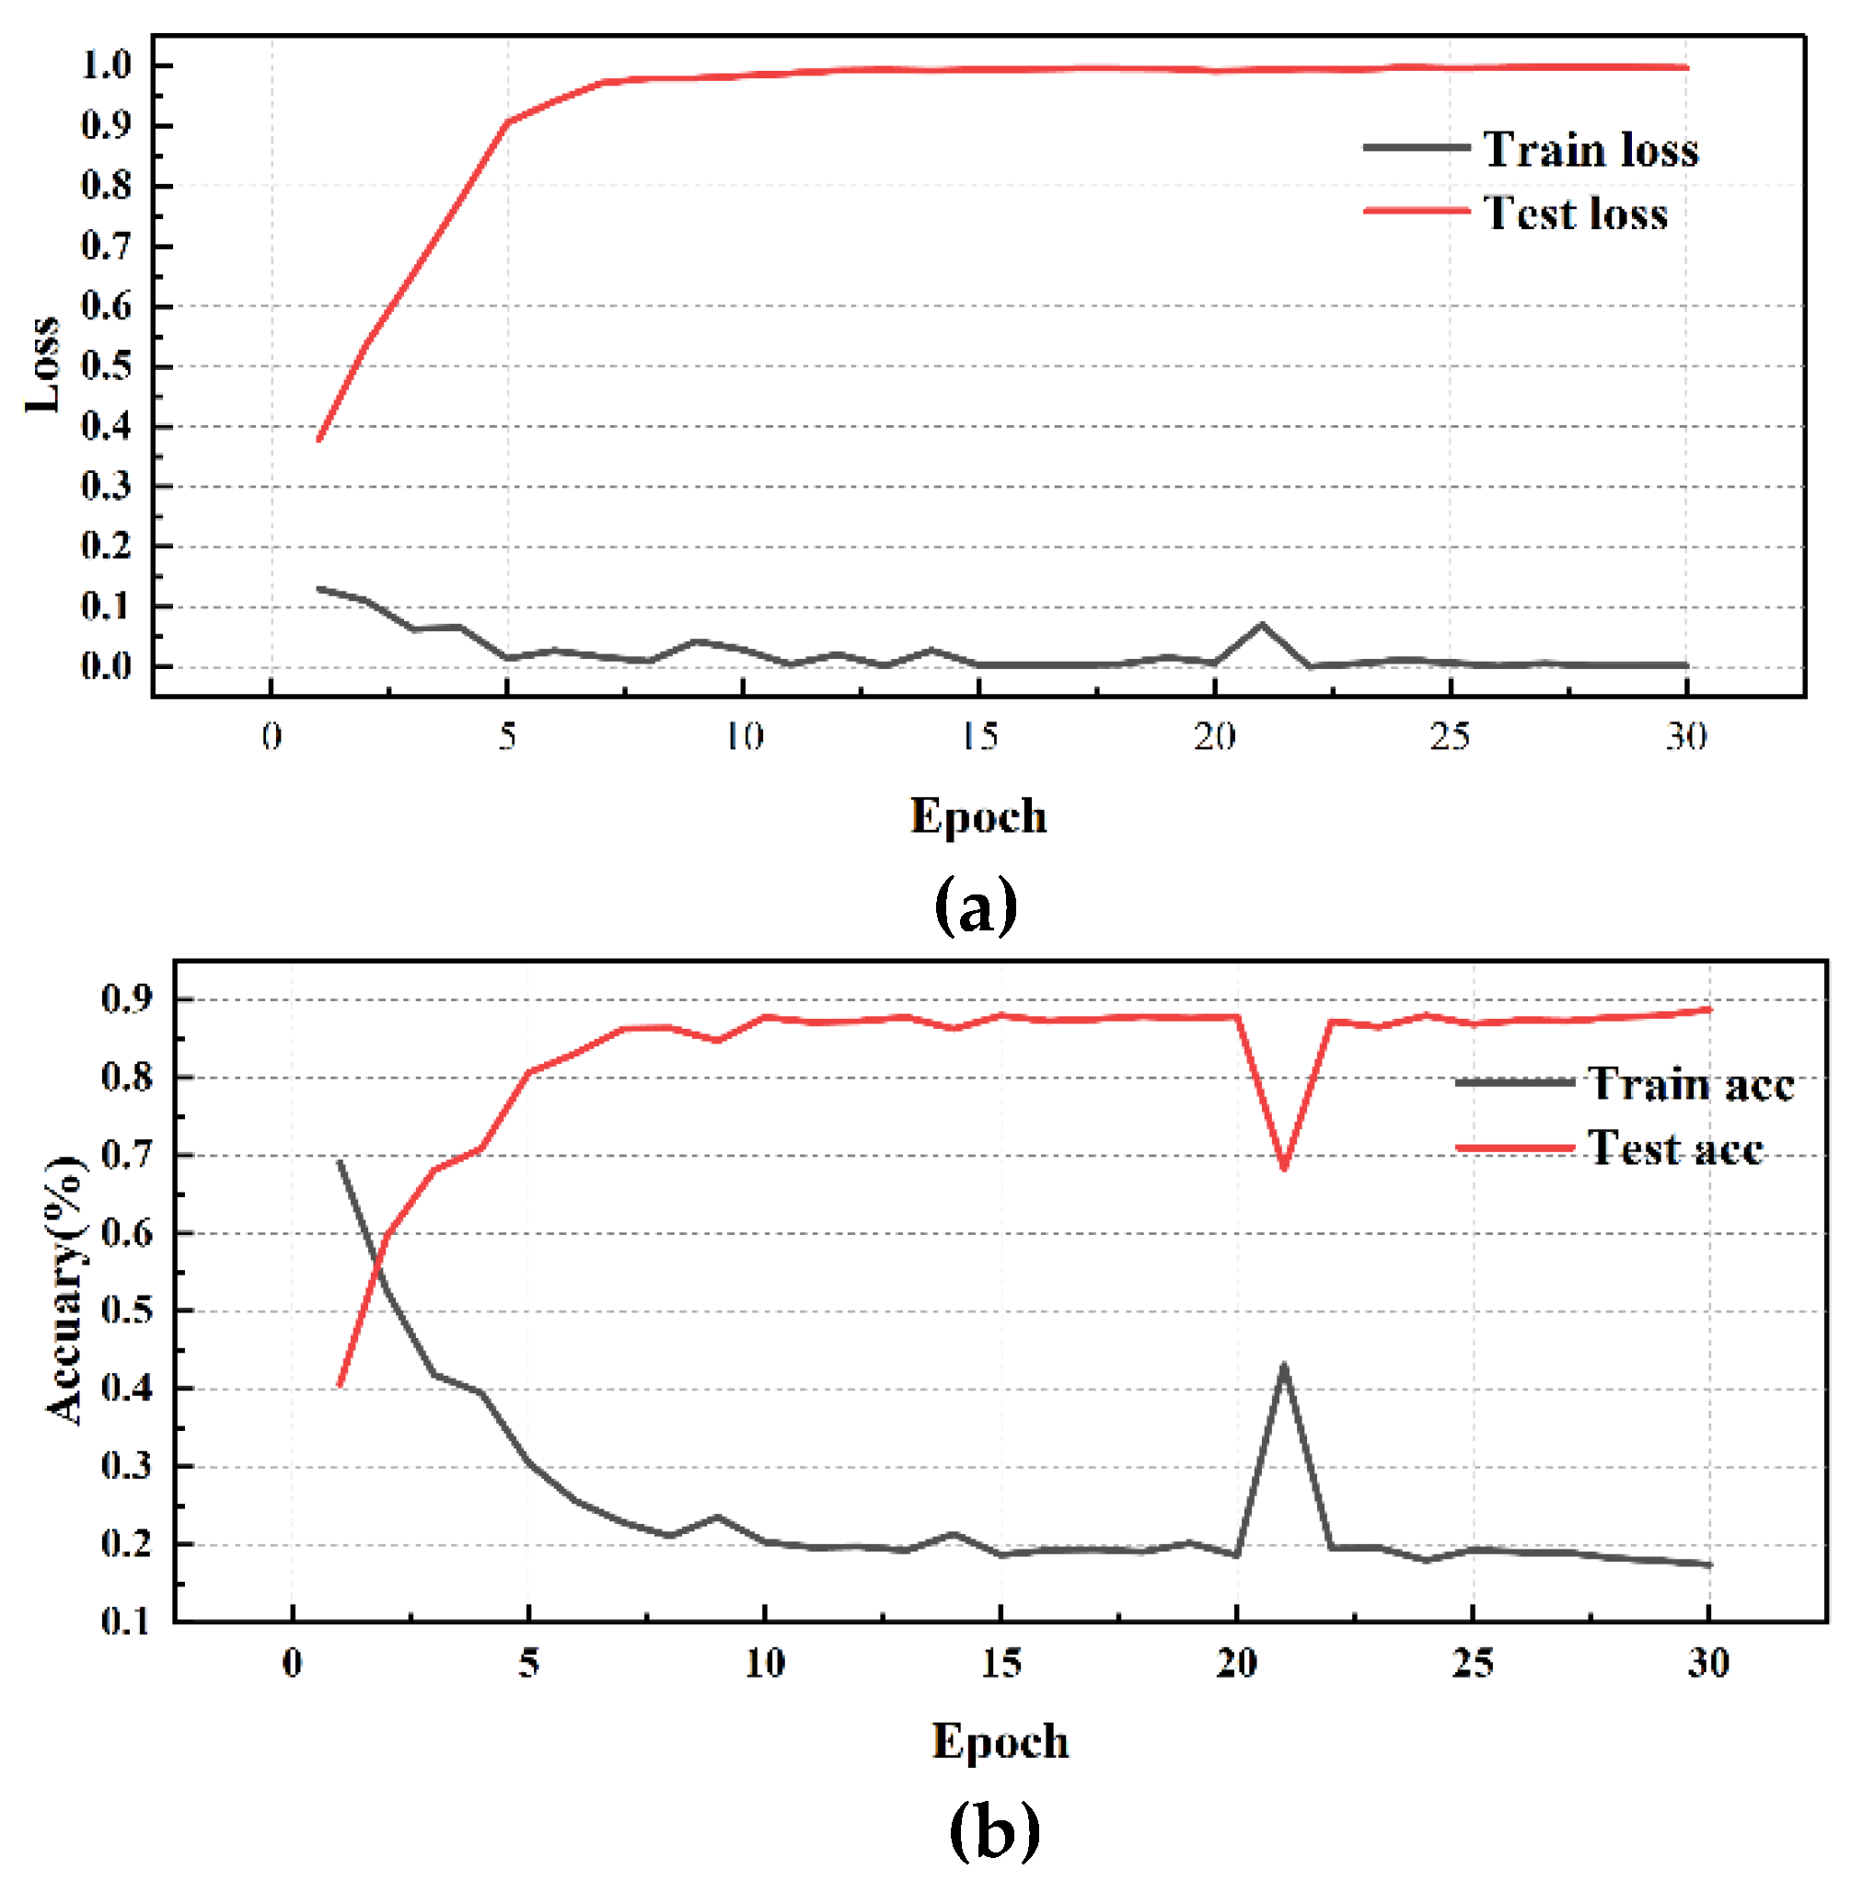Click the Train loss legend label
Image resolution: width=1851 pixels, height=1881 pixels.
(x=1591, y=150)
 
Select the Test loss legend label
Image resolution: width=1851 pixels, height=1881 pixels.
(x=1575, y=213)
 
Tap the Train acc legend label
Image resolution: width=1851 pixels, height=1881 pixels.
(x=1691, y=1084)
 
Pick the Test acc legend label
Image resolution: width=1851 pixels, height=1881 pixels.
(x=1675, y=1148)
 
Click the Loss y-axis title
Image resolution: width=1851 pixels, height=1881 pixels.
(x=42, y=364)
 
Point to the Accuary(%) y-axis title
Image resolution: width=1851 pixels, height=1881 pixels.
(x=65, y=1291)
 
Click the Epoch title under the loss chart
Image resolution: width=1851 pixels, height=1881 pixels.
(x=978, y=815)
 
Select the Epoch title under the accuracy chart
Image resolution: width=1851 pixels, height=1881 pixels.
(x=1001, y=1741)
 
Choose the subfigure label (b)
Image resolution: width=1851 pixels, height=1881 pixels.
(x=993, y=1830)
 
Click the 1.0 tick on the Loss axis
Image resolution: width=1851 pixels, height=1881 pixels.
(x=106, y=66)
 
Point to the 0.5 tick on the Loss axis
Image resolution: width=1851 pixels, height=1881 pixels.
(x=106, y=366)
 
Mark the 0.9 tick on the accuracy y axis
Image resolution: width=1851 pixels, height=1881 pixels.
(x=126, y=998)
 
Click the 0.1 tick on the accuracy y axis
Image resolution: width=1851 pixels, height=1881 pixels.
(x=126, y=1621)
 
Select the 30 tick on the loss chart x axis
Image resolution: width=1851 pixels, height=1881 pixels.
(x=1685, y=737)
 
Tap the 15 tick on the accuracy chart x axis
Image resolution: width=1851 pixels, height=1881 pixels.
(x=1001, y=1663)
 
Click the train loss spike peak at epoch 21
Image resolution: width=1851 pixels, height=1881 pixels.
(x=1262, y=624)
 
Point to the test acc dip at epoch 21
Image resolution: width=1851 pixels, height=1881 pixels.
(x=1284, y=1168)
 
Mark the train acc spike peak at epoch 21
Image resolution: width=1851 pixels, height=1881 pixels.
(x=1284, y=1366)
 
